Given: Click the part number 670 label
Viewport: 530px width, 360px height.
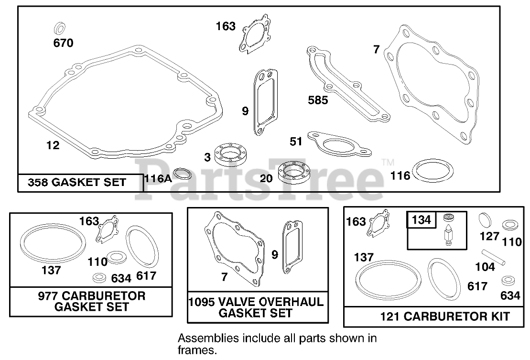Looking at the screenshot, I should [63, 43].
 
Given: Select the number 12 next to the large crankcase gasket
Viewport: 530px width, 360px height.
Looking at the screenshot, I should [53, 145].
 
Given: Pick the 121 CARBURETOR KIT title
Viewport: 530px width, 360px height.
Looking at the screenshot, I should [444, 316].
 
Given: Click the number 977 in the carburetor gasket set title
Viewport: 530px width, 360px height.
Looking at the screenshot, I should [48, 295].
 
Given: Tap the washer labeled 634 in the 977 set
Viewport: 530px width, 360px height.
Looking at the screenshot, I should [99, 278].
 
